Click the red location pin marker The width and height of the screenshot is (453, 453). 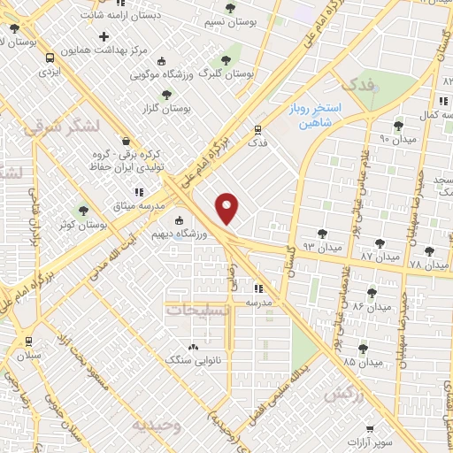point(228,208)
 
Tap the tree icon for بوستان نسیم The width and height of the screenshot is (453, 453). point(230,8)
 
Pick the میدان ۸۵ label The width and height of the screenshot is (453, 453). point(363,362)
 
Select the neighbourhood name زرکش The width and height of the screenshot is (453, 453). point(343,395)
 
